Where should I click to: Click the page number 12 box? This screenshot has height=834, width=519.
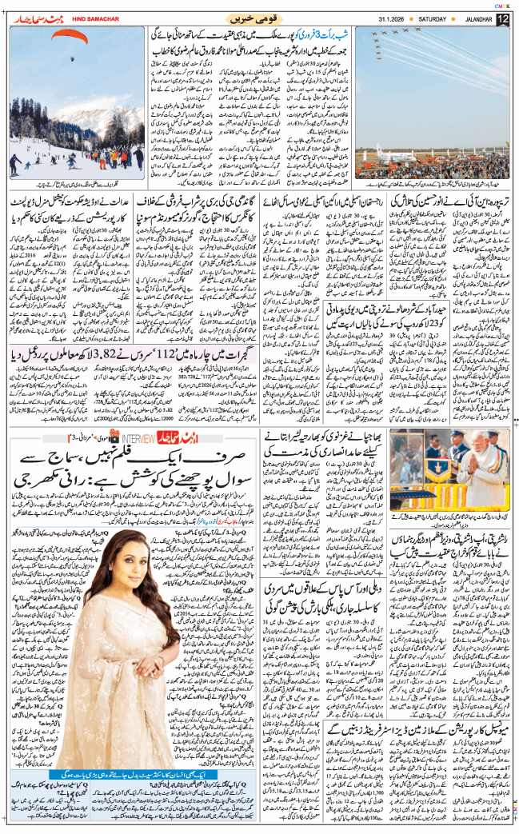pos(502,19)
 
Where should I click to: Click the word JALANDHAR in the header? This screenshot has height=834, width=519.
pos(470,19)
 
